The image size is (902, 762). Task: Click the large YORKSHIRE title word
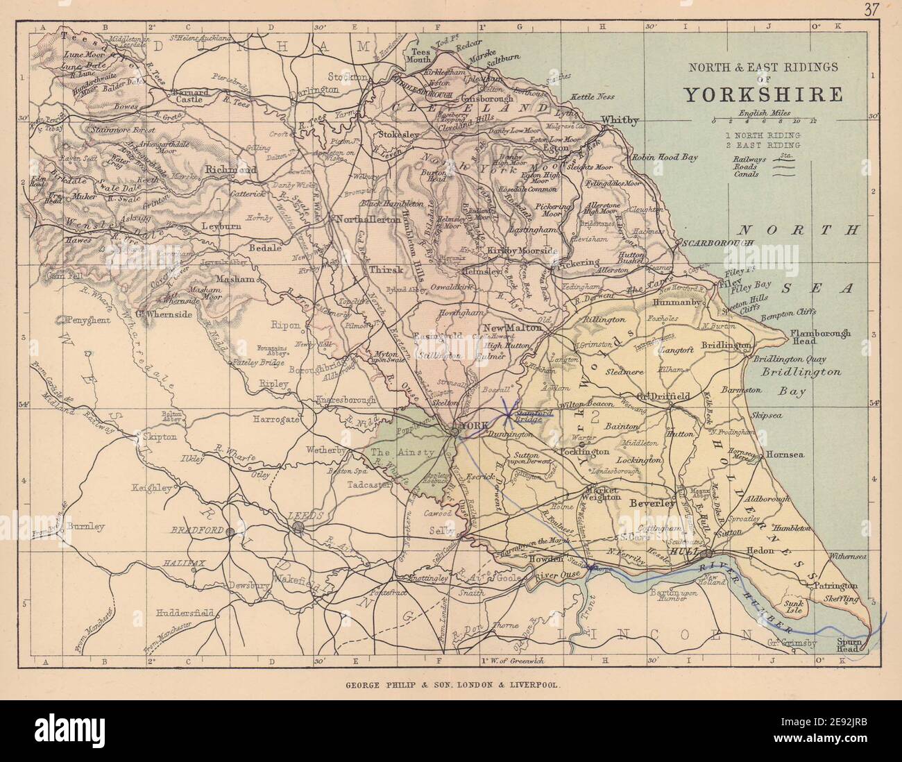[764, 94]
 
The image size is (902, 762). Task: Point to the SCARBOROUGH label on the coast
[715, 244]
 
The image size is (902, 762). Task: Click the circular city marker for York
[453, 431]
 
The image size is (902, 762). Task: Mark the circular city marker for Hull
[706, 554]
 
